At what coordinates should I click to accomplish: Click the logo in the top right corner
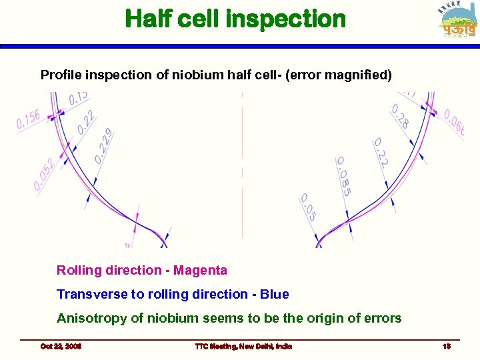click(458, 20)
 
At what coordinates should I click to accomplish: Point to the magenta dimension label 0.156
click(29, 120)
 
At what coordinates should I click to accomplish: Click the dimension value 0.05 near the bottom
click(308, 207)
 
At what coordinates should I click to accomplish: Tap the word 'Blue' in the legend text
click(275, 294)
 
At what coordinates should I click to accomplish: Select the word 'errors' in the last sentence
click(381, 318)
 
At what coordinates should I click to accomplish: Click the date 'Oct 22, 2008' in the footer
click(61, 346)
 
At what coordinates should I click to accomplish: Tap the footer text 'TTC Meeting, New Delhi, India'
click(243, 346)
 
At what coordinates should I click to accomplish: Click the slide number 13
click(446, 346)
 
